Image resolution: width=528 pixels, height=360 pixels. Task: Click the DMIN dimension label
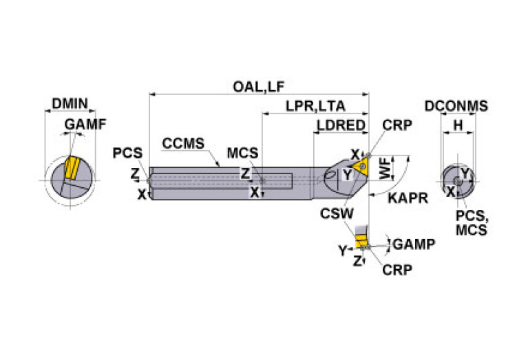click(x=70, y=105)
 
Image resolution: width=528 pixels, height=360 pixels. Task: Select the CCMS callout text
click(x=183, y=144)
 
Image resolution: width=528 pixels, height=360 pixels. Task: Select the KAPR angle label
click(x=408, y=198)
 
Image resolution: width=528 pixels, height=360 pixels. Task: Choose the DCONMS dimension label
click(x=456, y=106)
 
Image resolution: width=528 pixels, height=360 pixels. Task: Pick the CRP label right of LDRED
click(x=397, y=125)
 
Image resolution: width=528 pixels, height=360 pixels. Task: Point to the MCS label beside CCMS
click(x=243, y=152)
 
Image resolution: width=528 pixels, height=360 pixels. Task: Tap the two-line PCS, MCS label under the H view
click(x=471, y=222)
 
